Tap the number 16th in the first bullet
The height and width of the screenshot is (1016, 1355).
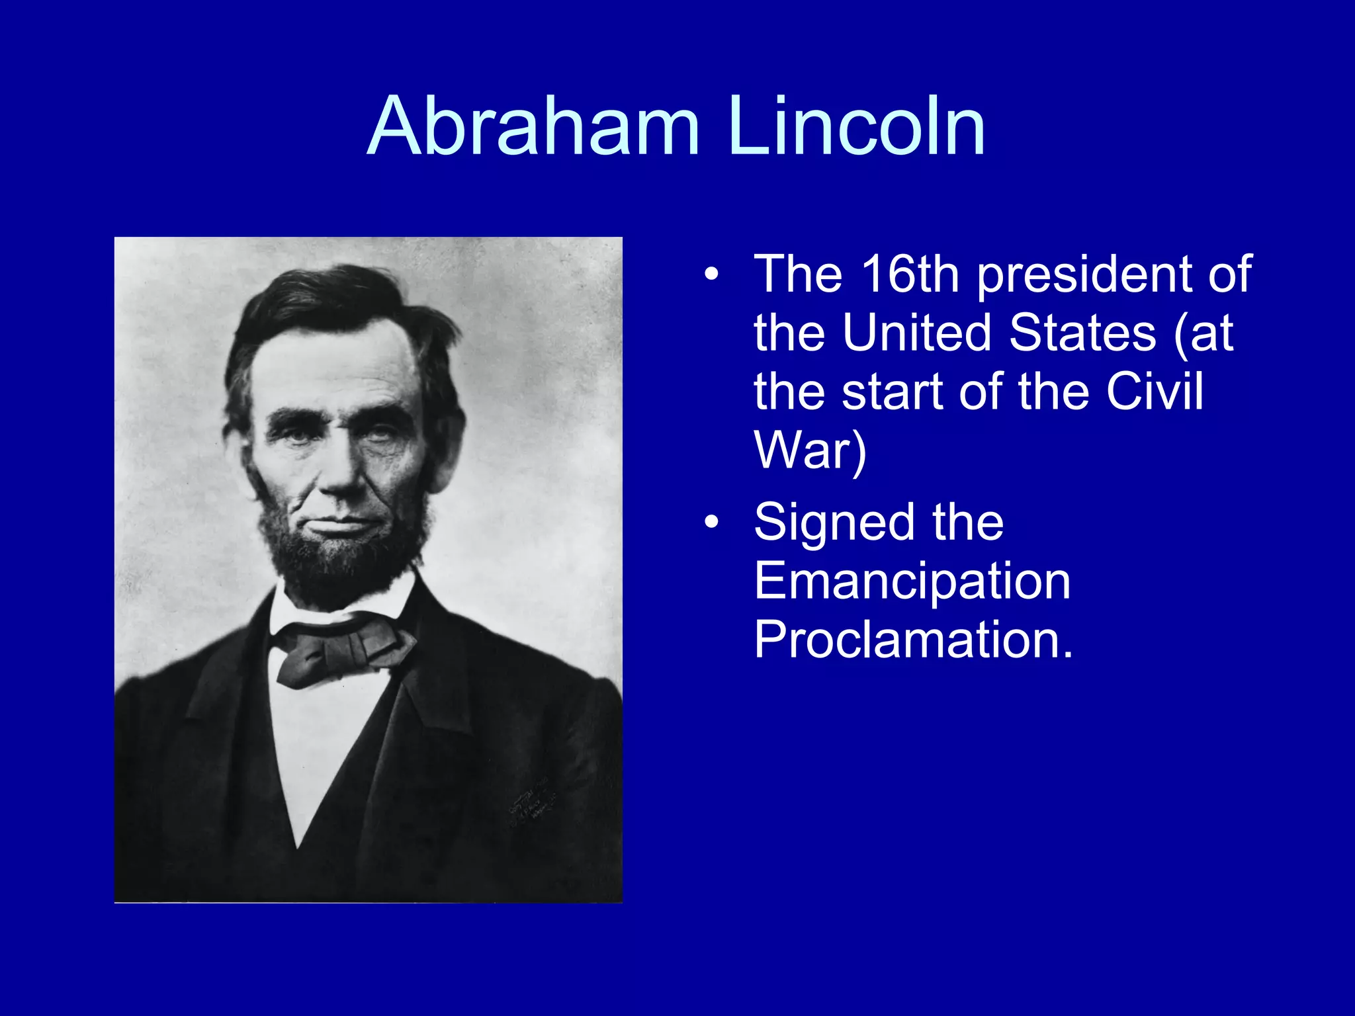coord(910,274)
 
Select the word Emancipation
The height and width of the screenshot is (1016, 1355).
coord(912,581)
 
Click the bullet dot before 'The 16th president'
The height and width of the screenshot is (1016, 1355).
coord(711,274)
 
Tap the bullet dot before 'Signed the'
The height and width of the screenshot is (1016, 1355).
coord(711,523)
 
